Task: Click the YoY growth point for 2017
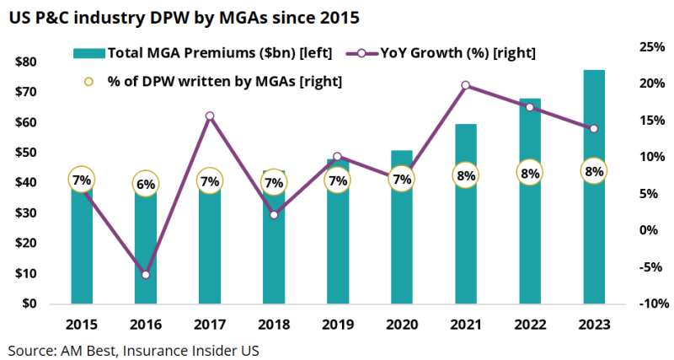tap(210, 116)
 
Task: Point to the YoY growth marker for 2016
tap(146, 275)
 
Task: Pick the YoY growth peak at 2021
tap(465, 85)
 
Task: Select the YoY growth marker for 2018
tap(274, 215)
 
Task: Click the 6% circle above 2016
tap(146, 182)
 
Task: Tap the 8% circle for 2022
tap(530, 174)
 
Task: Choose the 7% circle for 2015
tap(81, 180)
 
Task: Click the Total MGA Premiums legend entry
tap(202, 53)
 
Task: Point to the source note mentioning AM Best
tap(134, 348)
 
